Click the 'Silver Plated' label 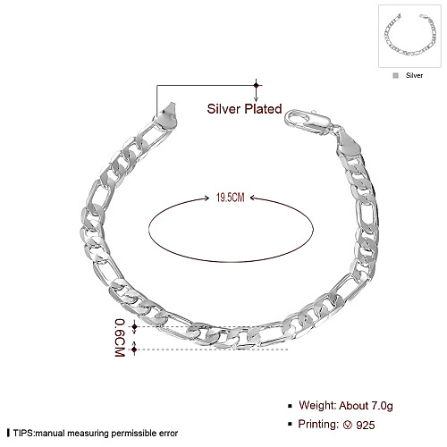[x=244, y=109]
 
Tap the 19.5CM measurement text [x=230, y=198]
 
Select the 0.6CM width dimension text [x=120, y=338]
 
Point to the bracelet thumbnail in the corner [x=409, y=36]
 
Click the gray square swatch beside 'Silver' [x=396, y=76]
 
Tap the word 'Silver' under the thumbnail [x=414, y=75]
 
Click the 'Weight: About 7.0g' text [x=346, y=406]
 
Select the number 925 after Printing [x=366, y=425]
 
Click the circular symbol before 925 [x=348, y=425]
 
